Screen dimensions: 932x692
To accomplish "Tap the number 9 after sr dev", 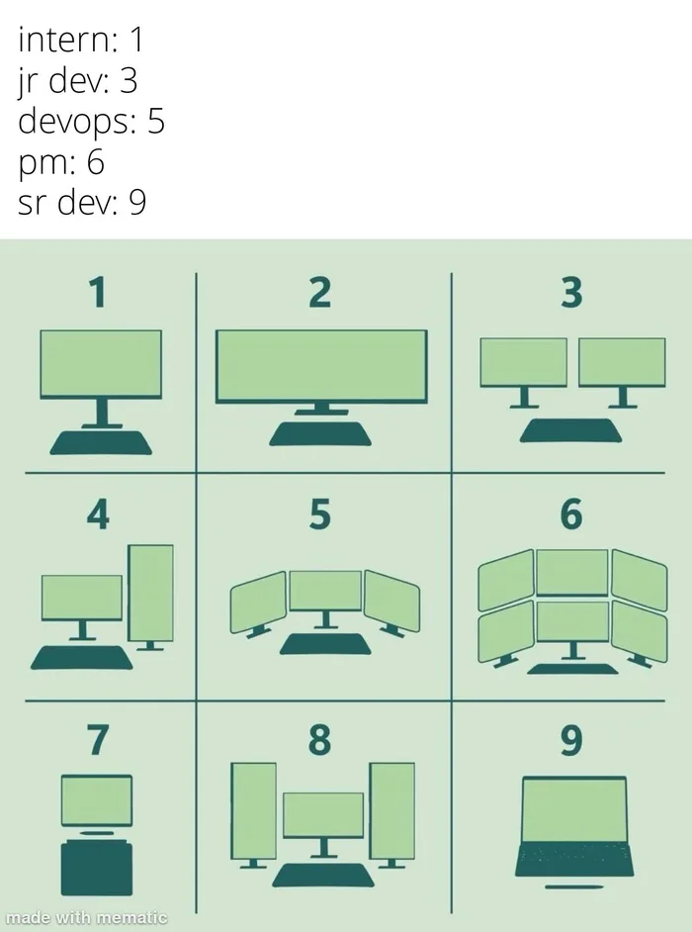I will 136,203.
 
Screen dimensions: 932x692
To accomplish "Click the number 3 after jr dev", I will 128,81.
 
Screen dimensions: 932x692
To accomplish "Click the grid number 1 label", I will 96,293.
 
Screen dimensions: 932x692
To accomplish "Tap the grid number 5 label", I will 318,515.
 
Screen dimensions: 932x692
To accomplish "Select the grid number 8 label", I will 318,739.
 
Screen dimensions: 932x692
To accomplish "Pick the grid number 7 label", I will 96,739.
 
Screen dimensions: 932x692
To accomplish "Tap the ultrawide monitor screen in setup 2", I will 321,366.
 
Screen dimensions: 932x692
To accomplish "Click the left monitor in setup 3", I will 523,362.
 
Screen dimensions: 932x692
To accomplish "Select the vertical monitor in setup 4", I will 151,593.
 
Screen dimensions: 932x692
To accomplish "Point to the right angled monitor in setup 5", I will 391,601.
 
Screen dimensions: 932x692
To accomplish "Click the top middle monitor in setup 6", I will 571,573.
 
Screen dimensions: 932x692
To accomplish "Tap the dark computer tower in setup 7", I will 96,868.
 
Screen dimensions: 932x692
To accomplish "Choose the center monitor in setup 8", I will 323,814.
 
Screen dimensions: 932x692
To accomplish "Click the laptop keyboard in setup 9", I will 573,857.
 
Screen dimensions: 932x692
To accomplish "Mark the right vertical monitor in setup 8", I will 391,810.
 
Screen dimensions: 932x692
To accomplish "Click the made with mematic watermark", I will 86,918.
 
